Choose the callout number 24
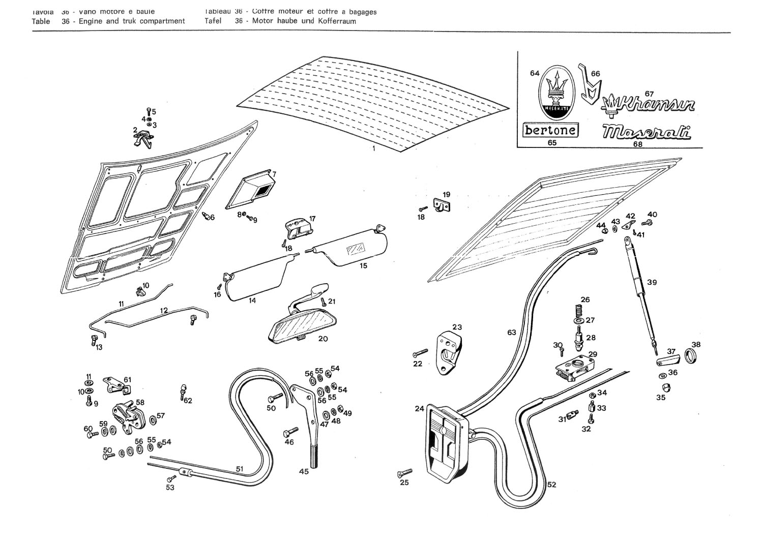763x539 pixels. coord(419,409)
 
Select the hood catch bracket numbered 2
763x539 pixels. coord(144,137)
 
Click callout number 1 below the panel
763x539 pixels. coord(374,148)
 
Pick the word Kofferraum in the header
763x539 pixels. coord(338,21)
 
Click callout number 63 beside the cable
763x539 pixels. coord(511,333)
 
